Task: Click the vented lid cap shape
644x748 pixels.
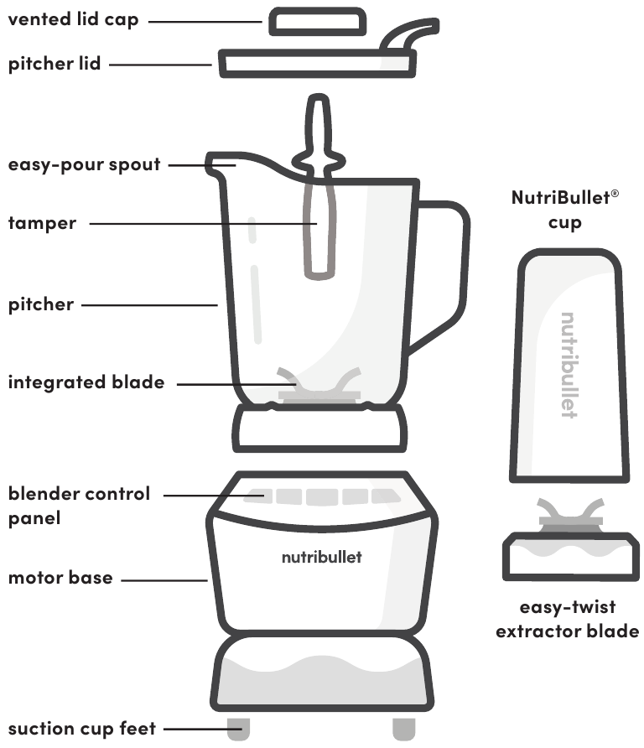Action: point(317,22)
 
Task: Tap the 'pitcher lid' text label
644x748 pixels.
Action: point(55,64)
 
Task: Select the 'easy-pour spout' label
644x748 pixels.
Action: point(85,164)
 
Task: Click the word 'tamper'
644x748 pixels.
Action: point(42,223)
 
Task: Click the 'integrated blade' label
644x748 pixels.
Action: point(86,382)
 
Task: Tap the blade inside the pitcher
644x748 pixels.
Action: point(319,385)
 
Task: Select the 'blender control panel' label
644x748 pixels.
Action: point(79,506)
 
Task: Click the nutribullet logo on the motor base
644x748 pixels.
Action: point(321,557)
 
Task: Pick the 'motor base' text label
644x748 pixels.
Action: point(60,578)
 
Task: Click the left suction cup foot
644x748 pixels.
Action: point(238,730)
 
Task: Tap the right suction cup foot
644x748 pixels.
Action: point(403,730)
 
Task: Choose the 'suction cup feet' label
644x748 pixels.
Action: point(82,729)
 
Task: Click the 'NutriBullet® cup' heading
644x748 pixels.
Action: point(565,210)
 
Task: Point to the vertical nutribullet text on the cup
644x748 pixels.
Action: point(569,365)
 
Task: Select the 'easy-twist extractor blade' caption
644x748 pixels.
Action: point(567,619)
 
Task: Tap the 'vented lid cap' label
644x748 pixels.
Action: point(74,19)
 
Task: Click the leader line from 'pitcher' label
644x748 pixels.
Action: point(150,305)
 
